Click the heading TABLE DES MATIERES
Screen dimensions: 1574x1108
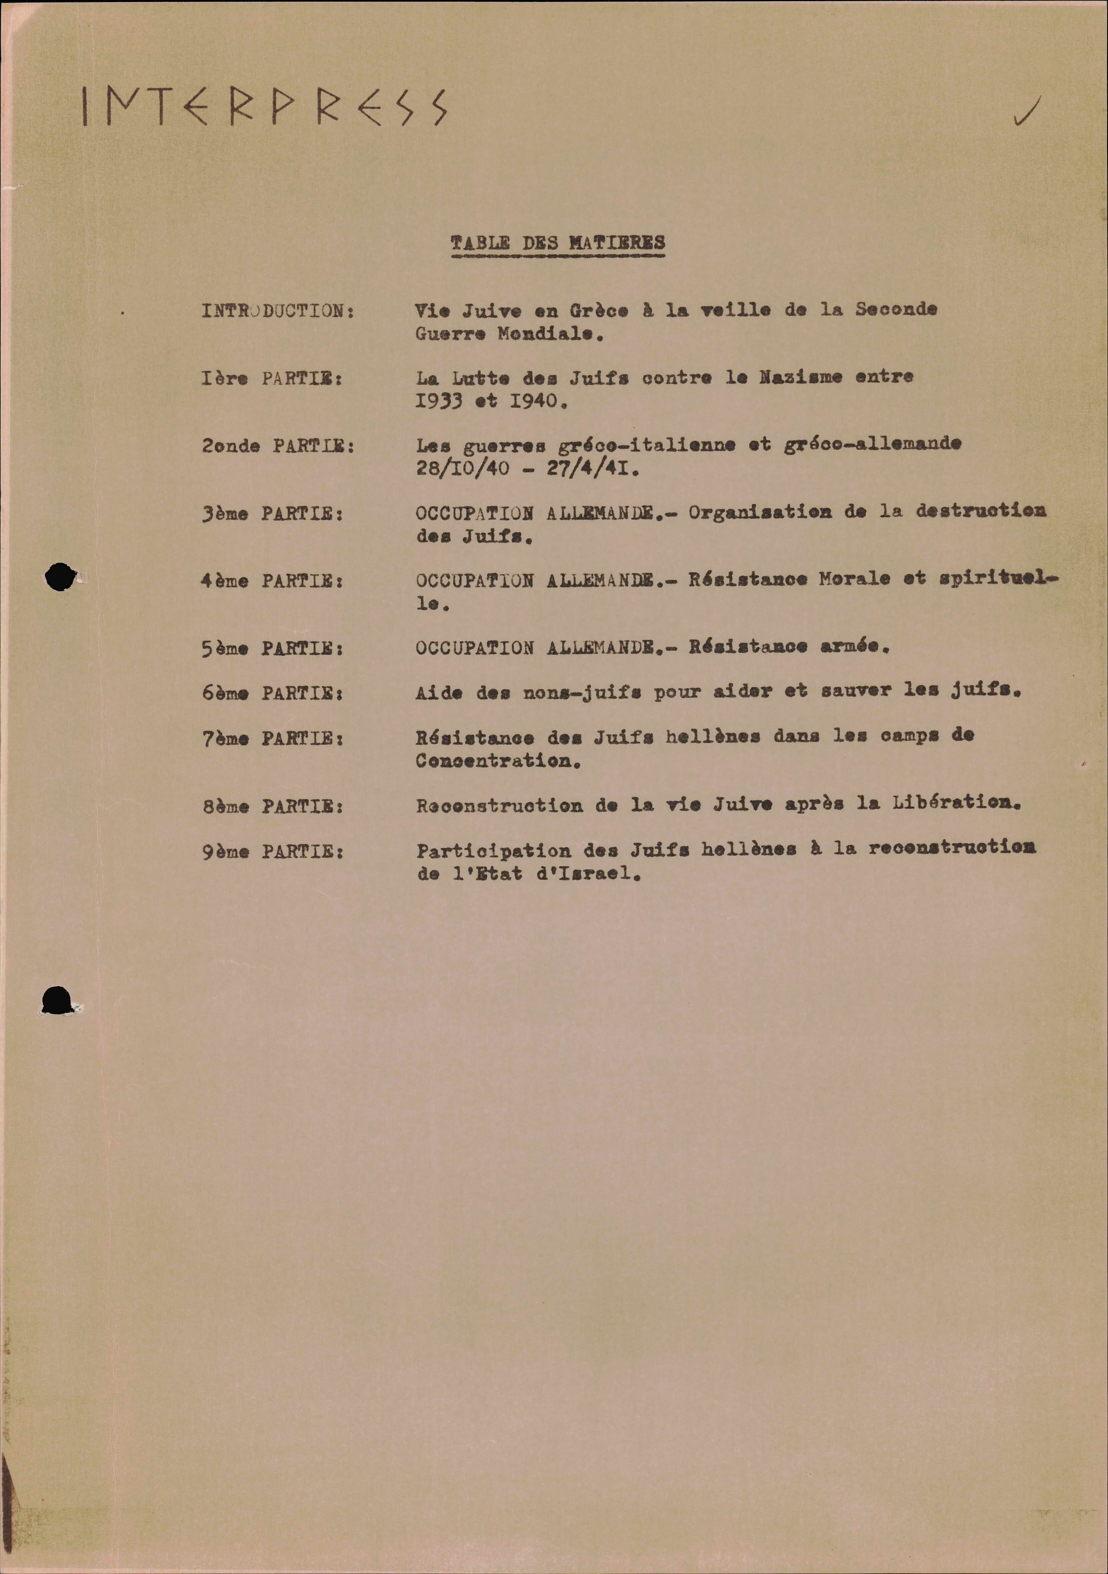[x=558, y=243]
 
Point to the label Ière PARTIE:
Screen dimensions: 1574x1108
[x=272, y=378]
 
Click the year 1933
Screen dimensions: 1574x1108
[x=439, y=401]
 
